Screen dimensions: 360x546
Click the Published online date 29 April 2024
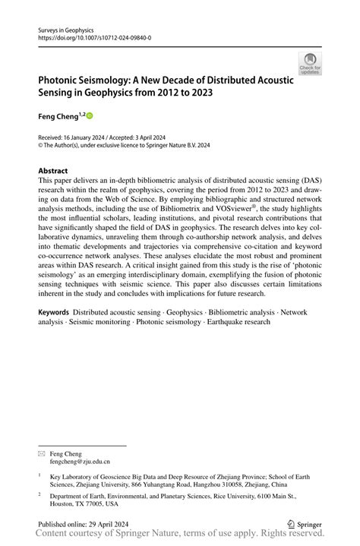pos(93,524)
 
